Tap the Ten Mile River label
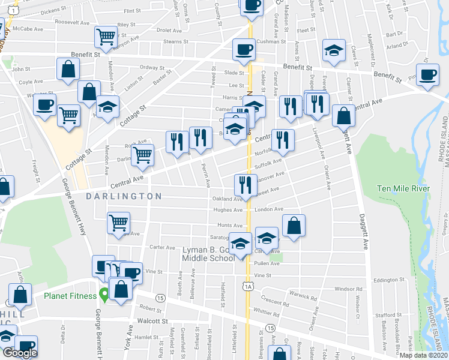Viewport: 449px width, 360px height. (403, 188)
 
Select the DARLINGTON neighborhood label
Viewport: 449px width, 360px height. (124, 196)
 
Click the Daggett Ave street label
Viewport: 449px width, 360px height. (363, 225)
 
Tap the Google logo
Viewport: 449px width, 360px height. (20, 353)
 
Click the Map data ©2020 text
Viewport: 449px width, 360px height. (423, 355)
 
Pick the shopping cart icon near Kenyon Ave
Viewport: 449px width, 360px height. (106, 37)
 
